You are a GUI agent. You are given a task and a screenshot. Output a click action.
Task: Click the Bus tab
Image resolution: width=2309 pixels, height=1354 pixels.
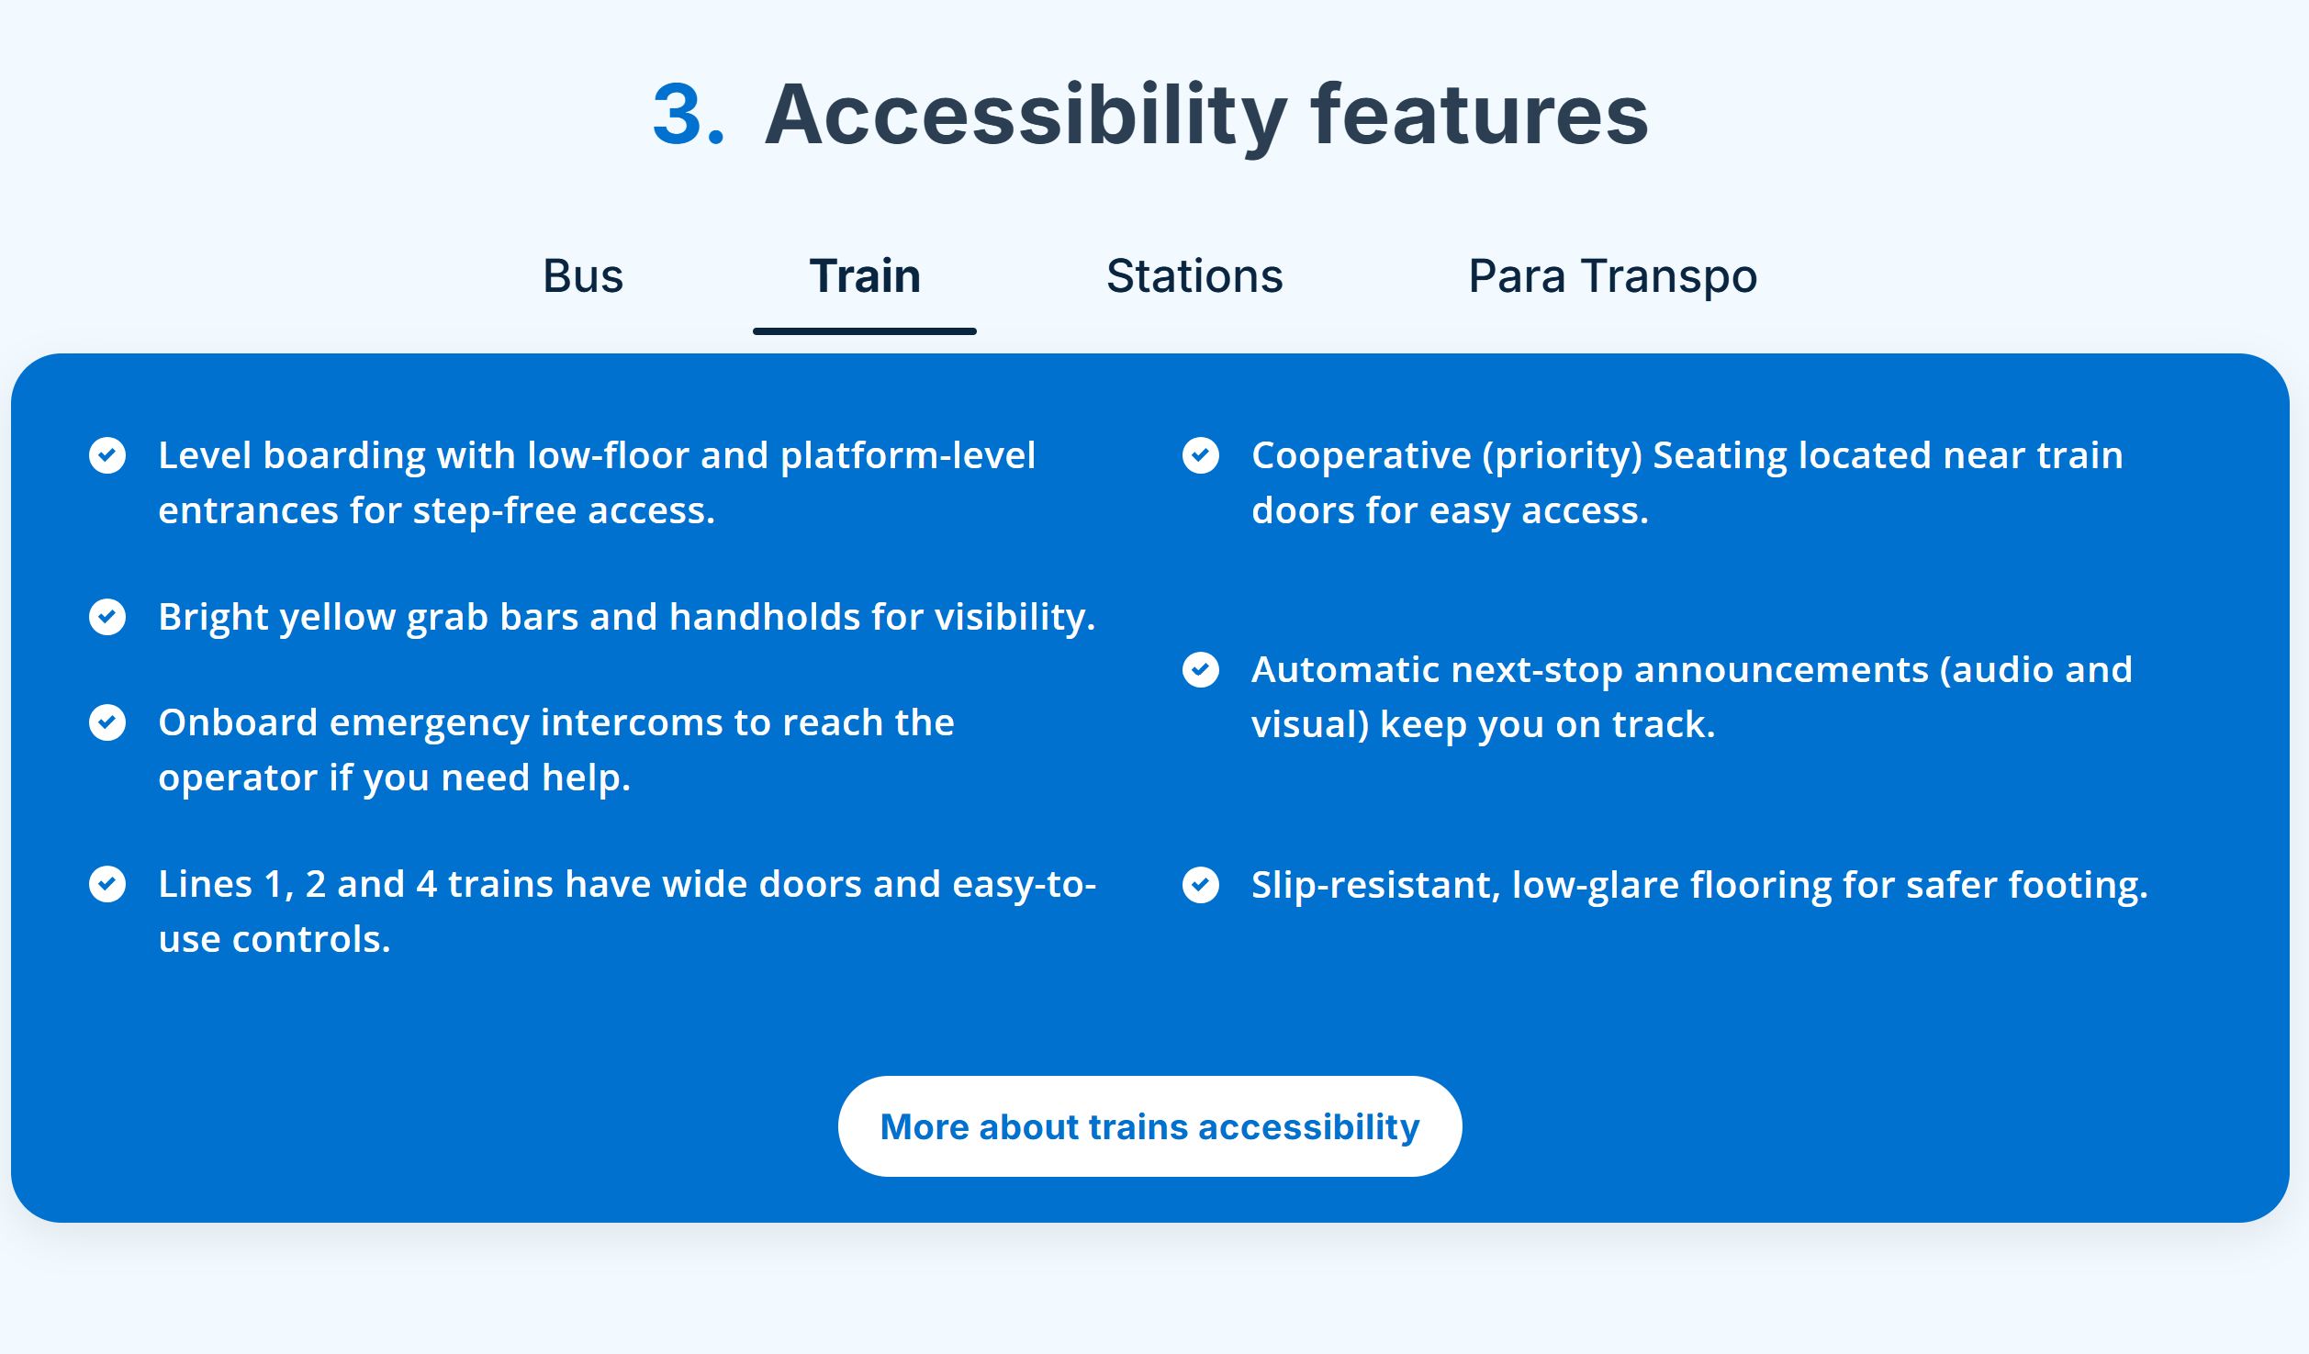point(583,276)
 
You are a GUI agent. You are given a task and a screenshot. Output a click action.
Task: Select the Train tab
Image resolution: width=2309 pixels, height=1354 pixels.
point(865,276)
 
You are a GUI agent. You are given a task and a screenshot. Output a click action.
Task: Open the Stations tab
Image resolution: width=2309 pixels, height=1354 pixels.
point(1194,276)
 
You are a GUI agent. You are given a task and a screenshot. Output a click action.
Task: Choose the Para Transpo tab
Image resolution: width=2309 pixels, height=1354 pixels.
point(1612,276)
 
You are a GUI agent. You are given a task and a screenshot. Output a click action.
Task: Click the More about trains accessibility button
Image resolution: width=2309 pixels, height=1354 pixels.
point(1149,1126)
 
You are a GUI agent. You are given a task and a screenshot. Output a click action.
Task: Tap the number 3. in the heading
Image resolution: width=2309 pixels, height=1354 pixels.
point(689,115)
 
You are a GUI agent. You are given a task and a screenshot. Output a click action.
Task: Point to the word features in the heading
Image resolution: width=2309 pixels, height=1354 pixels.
point(1479,115)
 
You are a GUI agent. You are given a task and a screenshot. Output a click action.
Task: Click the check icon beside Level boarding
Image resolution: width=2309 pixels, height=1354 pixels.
point(107,455)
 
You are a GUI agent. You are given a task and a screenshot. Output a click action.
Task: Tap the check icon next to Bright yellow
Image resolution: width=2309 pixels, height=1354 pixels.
point(107,617)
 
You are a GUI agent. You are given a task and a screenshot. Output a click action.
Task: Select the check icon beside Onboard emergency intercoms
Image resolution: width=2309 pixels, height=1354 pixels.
point(107,722)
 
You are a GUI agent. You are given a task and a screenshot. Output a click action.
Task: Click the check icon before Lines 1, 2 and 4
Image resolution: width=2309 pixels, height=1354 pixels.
point(107,884)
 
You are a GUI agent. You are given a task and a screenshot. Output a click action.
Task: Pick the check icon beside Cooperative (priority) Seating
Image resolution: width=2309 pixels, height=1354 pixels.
point(1201,455)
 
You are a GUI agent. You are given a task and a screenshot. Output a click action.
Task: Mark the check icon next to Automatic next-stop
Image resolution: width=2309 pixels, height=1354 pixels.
point(1201,670)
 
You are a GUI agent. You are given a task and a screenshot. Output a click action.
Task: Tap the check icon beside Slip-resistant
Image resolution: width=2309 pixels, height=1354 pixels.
point(1201,885)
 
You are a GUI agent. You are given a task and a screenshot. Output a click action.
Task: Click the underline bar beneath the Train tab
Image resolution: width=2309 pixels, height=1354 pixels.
point(865,331)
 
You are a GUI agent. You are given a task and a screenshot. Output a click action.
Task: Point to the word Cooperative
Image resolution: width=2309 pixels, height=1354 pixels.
point(1361,455)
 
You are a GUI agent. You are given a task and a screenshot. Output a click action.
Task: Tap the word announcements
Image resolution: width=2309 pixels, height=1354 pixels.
point(1781,670)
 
